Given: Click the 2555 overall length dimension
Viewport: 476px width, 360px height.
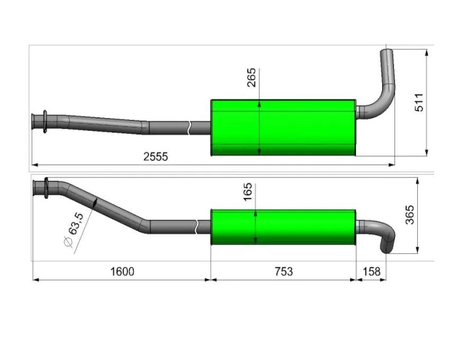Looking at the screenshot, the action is (x=156, y=157).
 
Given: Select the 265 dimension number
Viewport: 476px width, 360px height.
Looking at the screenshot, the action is (x=252, y=78).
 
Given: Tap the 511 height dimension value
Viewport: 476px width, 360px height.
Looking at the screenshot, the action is (x=419, y=103).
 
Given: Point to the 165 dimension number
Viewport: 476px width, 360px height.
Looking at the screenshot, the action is (x=248, y=192).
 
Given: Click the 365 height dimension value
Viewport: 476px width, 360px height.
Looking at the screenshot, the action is (x=410, y=215).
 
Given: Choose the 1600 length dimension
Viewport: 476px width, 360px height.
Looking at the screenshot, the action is (x=122, y=272).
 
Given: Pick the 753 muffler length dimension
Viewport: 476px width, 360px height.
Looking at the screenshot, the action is (x=284, y=272).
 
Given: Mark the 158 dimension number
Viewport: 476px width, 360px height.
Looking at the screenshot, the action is (x=371, y=272).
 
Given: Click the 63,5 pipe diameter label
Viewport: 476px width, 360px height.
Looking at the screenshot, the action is (x=76, y=224).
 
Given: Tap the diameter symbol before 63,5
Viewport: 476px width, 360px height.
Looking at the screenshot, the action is (x=69, y=242).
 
